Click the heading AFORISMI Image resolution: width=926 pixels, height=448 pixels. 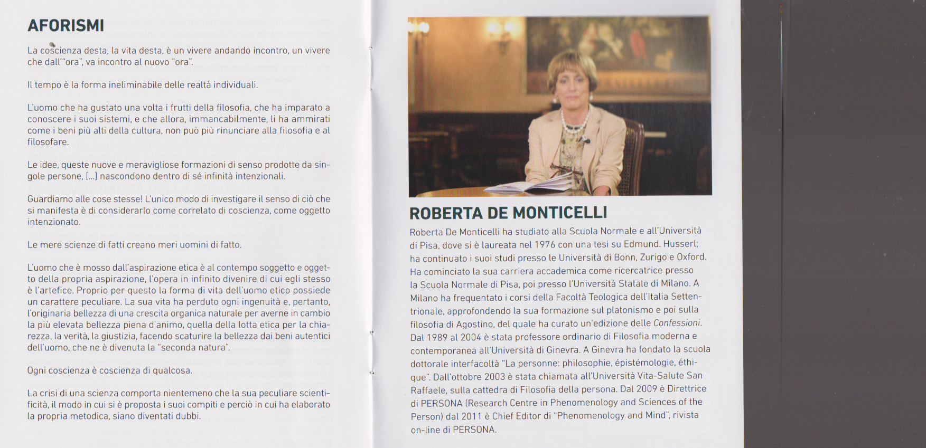pos(66,25)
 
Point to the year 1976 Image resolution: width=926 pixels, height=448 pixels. pos(545,244)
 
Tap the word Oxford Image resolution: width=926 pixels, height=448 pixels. pos(691,258)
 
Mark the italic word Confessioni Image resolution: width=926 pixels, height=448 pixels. pos(677,323)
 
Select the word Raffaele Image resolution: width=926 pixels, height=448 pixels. pos(428,390)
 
